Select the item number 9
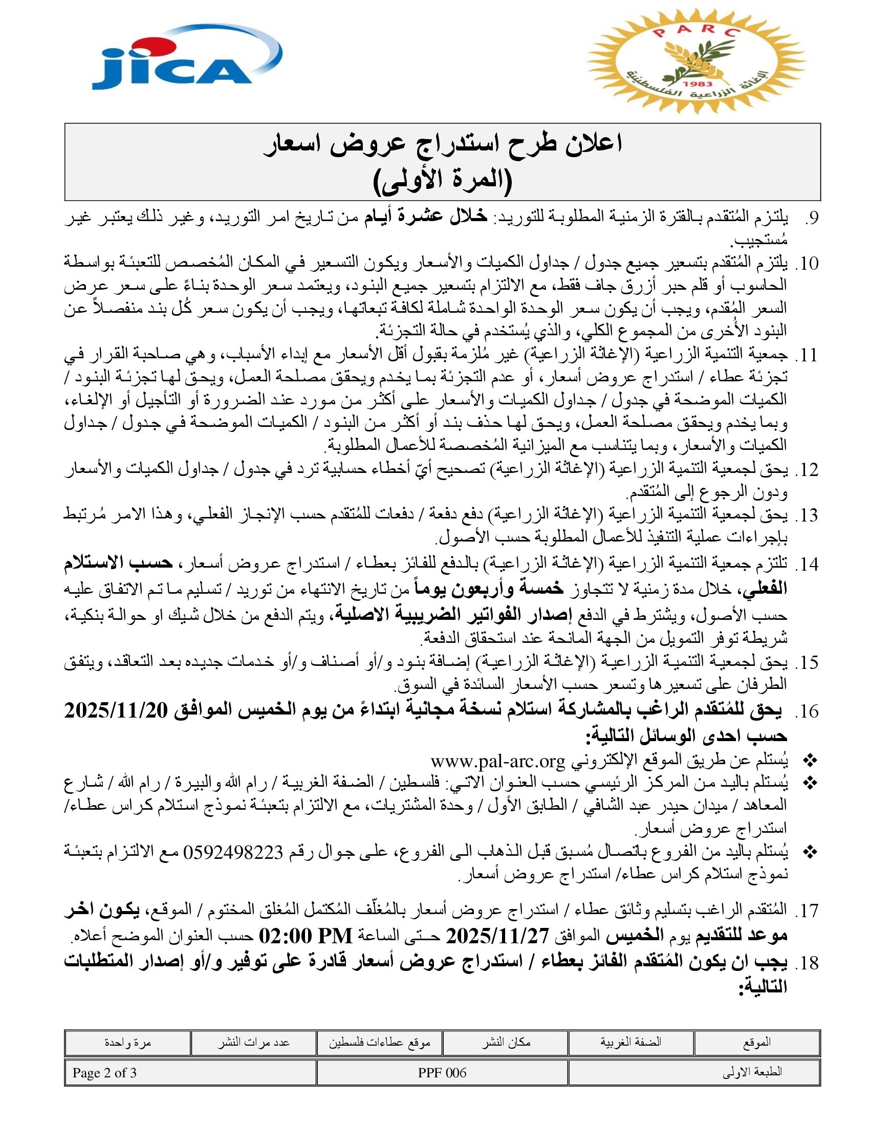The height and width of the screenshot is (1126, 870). coord(811,218)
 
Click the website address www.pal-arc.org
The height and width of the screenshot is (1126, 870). coord(498,761)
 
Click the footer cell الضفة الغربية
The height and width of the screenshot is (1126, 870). coord(630,1043)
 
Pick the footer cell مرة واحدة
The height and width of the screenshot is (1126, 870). coord(127,1043)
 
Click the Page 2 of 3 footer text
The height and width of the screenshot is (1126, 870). coord(104,1073)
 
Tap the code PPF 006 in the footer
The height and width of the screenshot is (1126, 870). coord(442,1073)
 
